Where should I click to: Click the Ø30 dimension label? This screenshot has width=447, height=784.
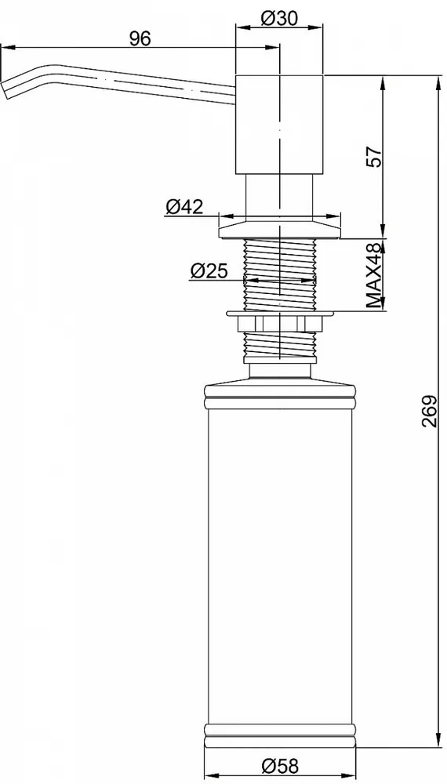click(x=279, y=19)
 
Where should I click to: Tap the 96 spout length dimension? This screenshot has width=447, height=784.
click(x=140, y=38)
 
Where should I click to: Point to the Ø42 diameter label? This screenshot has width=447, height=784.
click(x=185, y=206)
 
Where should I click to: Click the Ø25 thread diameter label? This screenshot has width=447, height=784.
click(x=209, y=271)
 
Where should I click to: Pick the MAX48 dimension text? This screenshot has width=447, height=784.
click(x=373, y=274)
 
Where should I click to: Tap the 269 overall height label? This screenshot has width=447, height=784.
click(x=428, y=411)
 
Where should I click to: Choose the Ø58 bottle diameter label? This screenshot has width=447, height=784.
click(x=279, y=765)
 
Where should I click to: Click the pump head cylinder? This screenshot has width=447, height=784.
click(x=279, y=125)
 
